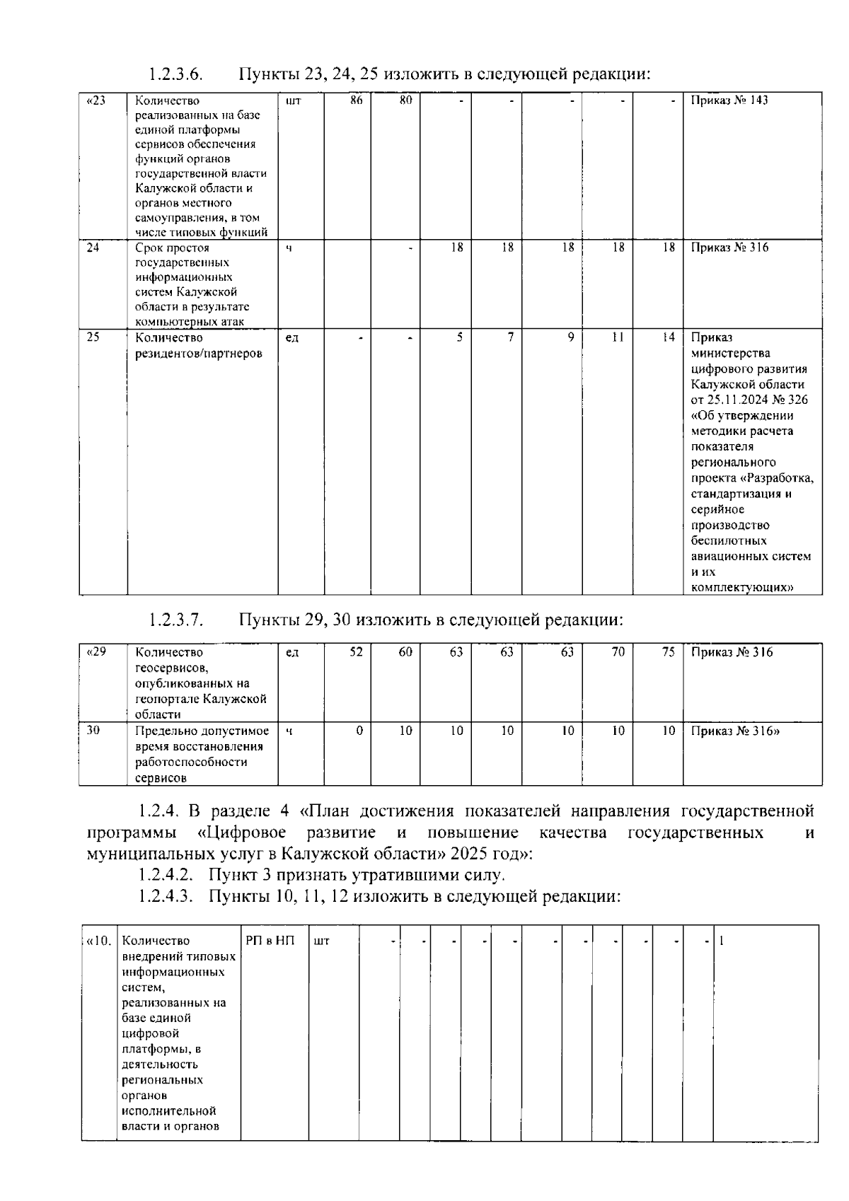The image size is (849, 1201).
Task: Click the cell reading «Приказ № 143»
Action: tap(729, 100)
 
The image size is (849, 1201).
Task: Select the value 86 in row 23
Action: tap(357, 100)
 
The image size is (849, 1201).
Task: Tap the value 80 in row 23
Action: tap(405, 100)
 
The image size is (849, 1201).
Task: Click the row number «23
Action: tap(96, 100)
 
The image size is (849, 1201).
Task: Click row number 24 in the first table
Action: tap(93, 248)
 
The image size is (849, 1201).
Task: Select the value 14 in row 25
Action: tap(669, 338)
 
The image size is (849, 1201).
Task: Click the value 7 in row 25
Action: tap(510, 338)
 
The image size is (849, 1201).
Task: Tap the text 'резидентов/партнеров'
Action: tap(199, 354)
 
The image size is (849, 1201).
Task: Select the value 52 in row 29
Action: tap(356, 652)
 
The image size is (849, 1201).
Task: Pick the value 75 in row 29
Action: tap(669, 652)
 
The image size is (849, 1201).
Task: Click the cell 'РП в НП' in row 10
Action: tap(270, 941)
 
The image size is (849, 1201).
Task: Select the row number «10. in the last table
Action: tap(98, 941)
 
